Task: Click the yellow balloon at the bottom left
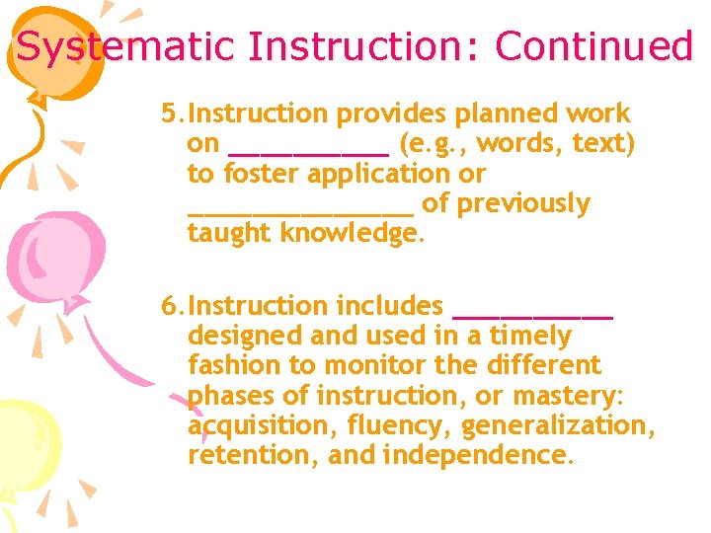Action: pyautogui.click(x=28, y=444)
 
